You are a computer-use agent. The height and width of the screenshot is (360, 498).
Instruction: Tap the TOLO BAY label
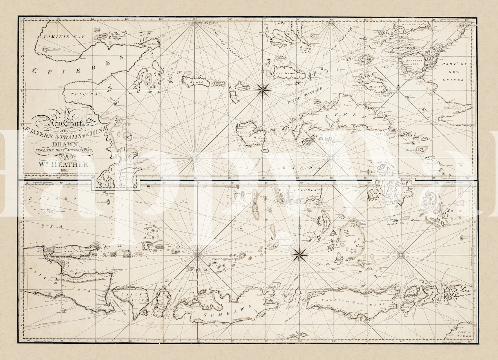(x=86, y=94)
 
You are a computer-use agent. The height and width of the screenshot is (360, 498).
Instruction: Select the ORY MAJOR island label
(x=286, y=73)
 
